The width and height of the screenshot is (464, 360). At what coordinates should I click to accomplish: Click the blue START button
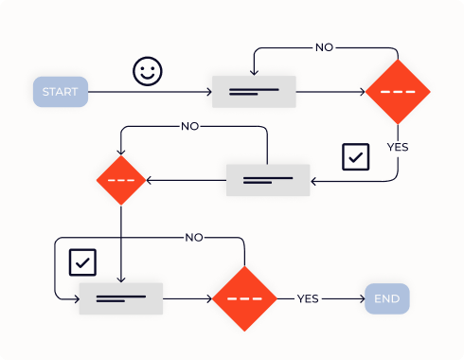(x=61, y=91)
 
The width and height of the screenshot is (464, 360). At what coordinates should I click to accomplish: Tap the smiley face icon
(x=147, y=72)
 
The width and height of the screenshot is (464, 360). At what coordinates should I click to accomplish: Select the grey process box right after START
(x=254, y=92)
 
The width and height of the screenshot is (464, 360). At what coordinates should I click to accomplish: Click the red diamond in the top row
(x=398, y=92)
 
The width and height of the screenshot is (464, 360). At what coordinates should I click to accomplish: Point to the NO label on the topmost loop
(x=325, y=46)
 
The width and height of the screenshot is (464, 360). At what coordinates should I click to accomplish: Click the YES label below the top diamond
(x=398, y=147)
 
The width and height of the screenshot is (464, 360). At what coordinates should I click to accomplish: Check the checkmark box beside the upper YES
(x=355, y=156)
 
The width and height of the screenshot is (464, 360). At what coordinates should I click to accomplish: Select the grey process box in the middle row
(x=268, y=180)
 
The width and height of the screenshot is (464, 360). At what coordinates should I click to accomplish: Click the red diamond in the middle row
(x=121, y=180)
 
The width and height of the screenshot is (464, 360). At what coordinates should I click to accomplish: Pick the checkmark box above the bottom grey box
(x=83, y=261)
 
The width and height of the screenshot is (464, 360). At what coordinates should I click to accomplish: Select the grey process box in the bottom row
(x=120, y=298)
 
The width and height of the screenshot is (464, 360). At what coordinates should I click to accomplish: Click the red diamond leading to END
(x=244, y=298)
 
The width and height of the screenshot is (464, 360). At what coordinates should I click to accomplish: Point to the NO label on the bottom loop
(x=194, y=237)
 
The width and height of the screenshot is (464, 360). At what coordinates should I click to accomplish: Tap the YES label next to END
(x=308, y=298)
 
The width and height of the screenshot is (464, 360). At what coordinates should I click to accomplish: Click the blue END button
(x=387, y=298)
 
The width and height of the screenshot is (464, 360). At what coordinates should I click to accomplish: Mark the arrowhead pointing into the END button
(x=361, y=298)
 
